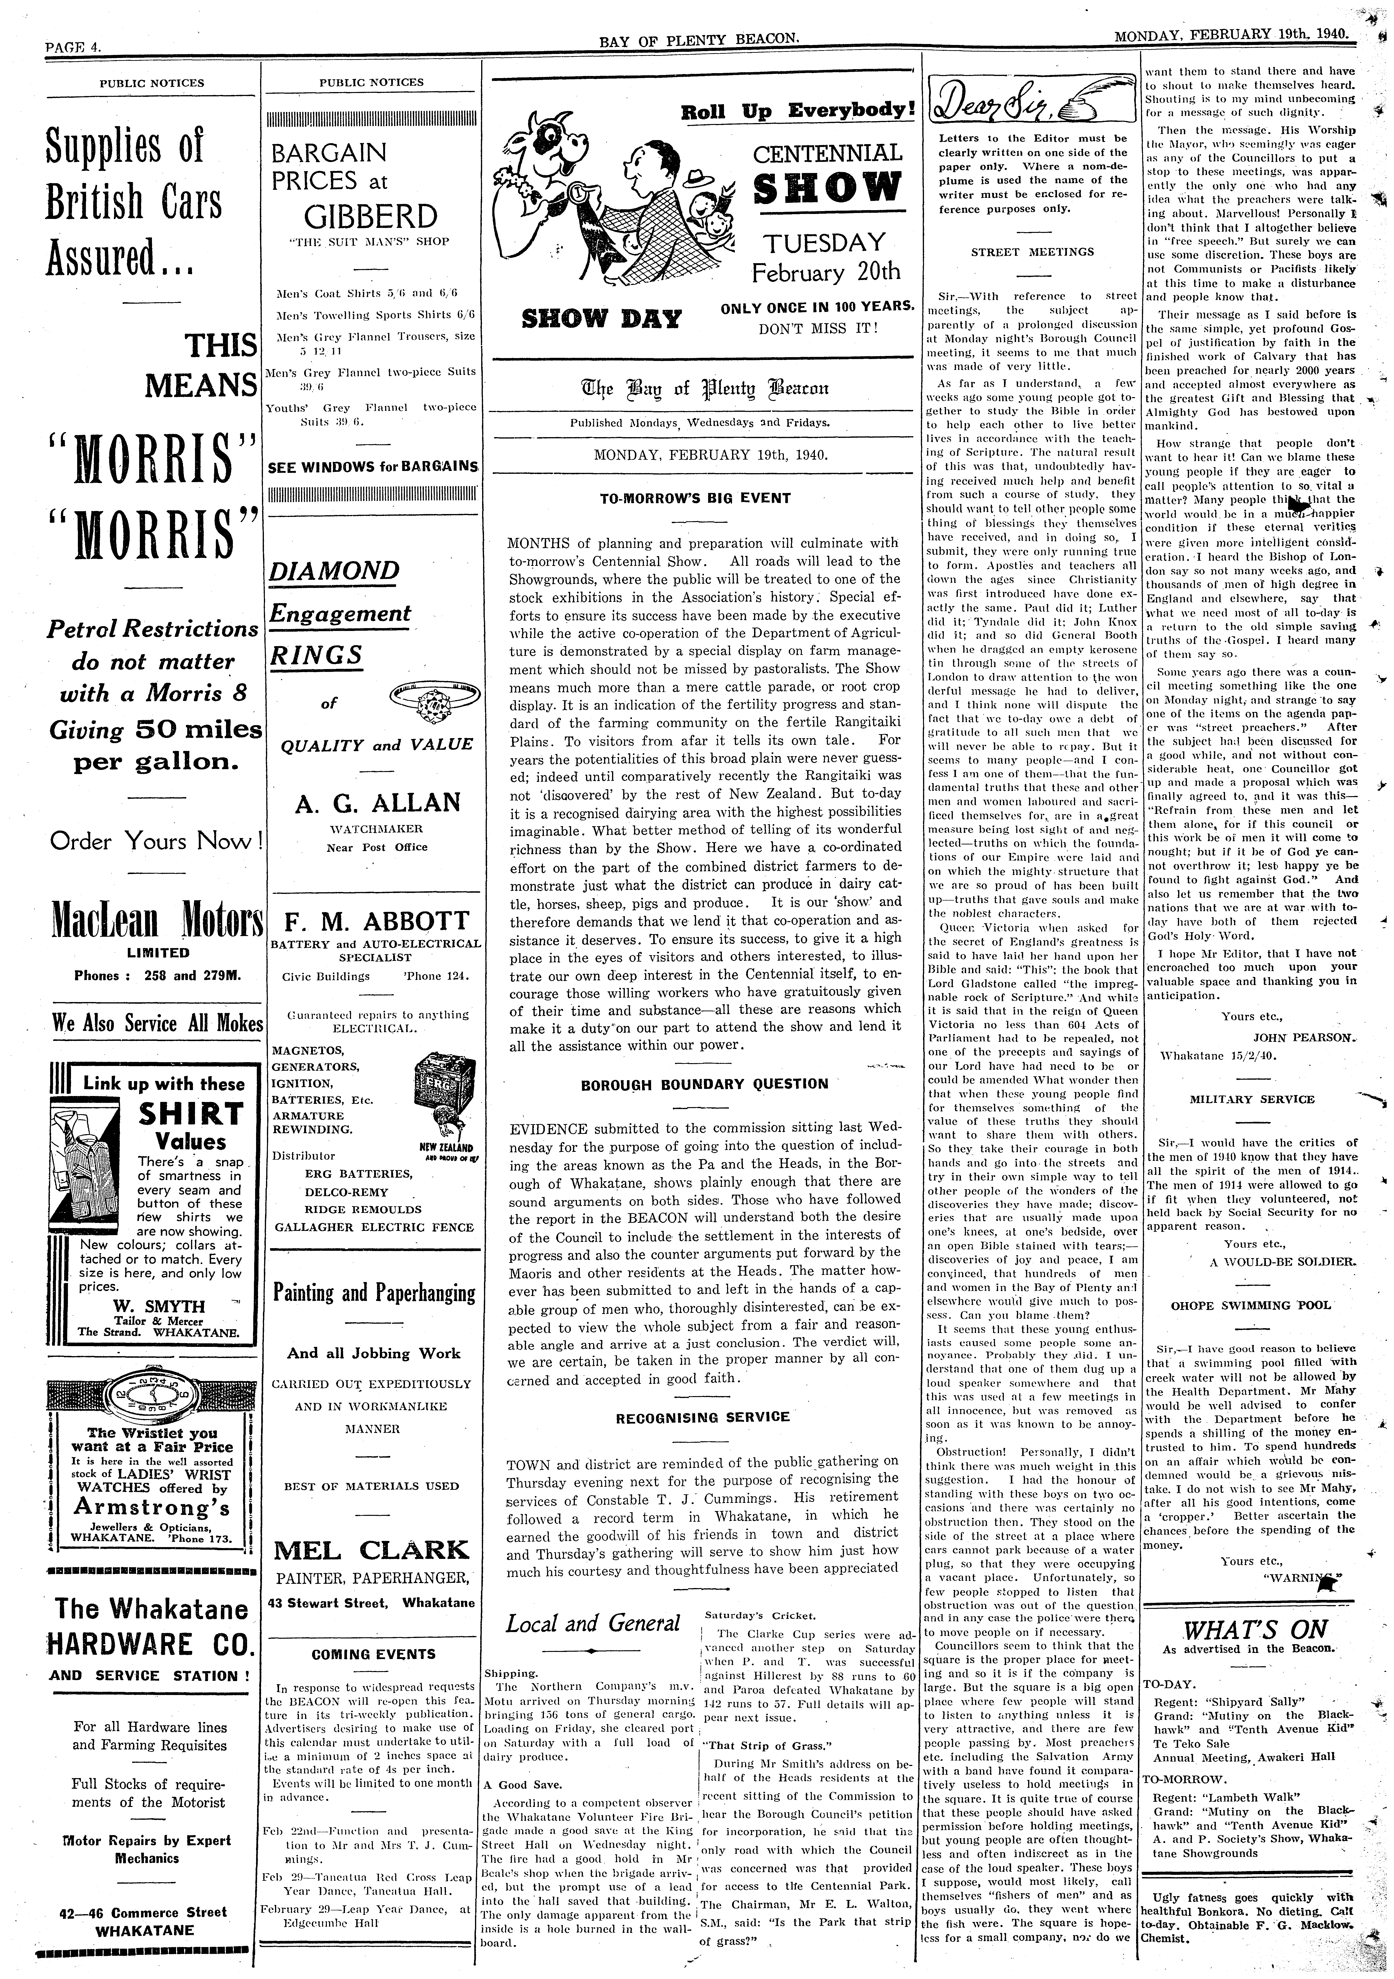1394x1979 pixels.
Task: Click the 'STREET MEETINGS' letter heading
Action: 1032,252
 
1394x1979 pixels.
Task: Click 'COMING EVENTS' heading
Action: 373,1654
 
